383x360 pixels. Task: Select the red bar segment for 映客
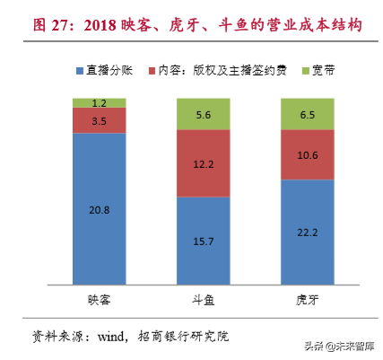[100, 120]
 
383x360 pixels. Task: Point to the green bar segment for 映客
[100, 102]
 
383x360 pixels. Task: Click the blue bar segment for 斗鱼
[204, 241]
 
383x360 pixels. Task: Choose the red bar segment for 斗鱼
[204, 162]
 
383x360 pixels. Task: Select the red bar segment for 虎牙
[308, 154]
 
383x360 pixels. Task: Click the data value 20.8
[100, 210]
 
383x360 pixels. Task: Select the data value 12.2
[204, 162]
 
